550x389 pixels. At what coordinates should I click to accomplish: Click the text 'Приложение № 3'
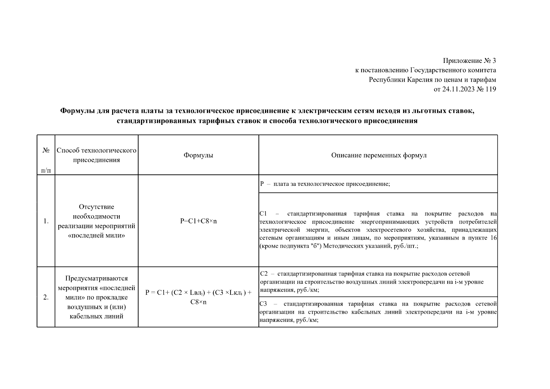(x=469, y=61)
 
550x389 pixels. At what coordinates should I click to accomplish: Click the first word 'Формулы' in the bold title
(x=77, y=111)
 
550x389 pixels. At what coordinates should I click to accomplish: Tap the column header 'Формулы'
(x=198, y=155)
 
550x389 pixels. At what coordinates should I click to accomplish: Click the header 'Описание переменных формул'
(x=378, y=155)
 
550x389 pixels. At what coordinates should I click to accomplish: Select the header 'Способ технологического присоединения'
(x=96, y=155)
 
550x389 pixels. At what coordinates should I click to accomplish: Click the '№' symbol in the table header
(x=46, y=150)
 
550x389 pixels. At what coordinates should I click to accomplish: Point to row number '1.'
(x=46, y=221)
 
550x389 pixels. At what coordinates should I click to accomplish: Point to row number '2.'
(x=46, y=297)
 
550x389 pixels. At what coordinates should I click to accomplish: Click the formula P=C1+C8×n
(x=198, y=221)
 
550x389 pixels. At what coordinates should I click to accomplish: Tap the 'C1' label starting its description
(x=263, y=214)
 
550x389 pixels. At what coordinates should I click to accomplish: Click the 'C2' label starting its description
(x=264, y=274)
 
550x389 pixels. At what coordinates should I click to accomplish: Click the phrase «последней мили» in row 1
(x=96, y=236)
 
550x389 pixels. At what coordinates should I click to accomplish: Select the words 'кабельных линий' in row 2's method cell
(x=96, y=316)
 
